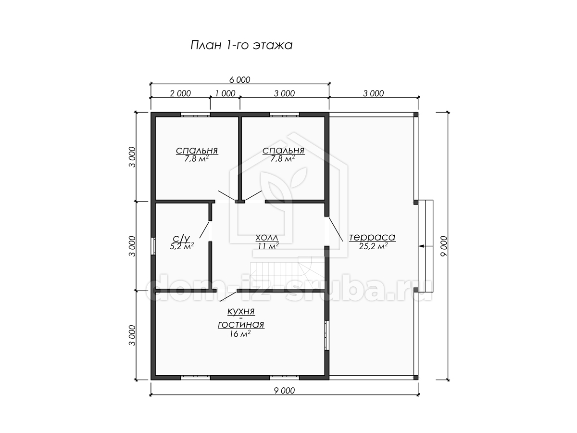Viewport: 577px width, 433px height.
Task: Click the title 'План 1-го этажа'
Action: pyautogui.click(x=241, y=45)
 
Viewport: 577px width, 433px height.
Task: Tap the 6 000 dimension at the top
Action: pyautogui.click(x=239, y=80)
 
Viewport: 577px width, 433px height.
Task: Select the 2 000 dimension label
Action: pyautogui.click(x=180, y=93)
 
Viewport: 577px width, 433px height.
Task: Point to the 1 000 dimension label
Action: pyautogui.click(x=226, y=93)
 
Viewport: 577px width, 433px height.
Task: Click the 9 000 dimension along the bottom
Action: pyautogui.click(x=285, y=391)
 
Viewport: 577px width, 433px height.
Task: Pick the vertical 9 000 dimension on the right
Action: pyautogui.click(x=443, y=246)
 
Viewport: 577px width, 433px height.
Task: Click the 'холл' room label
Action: pyautogui.click(x=267, y=238)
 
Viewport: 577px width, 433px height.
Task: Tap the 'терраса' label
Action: pyautogui.click(x=372, y=237)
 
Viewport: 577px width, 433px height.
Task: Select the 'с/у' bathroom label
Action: pyautogui.click(x=181, y=239)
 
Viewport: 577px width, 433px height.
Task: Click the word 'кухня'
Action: pyautogui.click(x=241, y=312)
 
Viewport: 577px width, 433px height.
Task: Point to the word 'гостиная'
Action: pyautogui.click(x=241, y=325)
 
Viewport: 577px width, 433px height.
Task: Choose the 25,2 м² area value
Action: pyautogui.click(x=373, y=246)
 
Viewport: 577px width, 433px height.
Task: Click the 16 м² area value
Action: pyautogui.click(x=240, y=334)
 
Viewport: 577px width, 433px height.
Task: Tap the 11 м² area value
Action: pyautogui.click(x=268, y=246)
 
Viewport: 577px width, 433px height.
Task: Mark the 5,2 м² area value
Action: pyautogui.click(x=182, y=246)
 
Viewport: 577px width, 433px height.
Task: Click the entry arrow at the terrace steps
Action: pyautogui.click(x=426, y=246)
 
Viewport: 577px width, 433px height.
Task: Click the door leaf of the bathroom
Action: pyautogui.click(x=204, y=230)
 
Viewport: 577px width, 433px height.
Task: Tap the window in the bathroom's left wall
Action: pyautogui.click(x=153, y=246)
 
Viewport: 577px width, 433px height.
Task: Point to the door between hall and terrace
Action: pyautogui.click(x=336, y=229)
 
